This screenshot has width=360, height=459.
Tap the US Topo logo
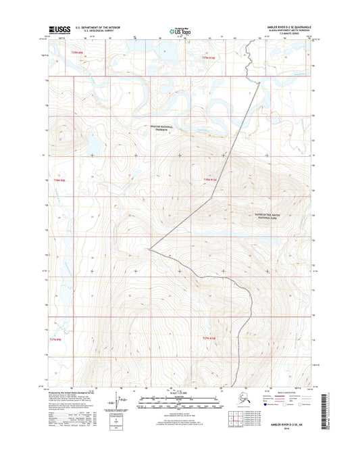click(x=180, y=30)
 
